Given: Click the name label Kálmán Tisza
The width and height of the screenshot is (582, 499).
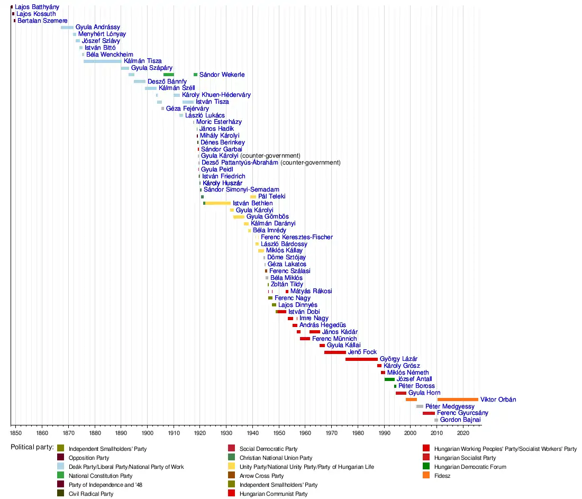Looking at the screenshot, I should (x=142, y=61).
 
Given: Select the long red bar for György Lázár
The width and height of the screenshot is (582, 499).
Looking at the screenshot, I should (x=361, y=359).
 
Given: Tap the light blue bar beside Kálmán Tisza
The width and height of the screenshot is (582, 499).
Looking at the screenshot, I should (x=102, y=61).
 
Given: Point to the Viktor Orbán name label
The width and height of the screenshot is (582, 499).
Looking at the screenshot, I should (x=498, y=400).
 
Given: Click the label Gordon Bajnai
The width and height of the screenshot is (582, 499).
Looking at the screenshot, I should (x=460, y=420).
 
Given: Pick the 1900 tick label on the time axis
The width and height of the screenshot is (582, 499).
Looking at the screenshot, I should (x=147, y=433).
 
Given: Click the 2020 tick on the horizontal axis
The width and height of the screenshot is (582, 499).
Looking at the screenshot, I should (x=463, y=433).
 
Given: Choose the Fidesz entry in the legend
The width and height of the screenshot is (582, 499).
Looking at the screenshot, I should (x=442, y=476).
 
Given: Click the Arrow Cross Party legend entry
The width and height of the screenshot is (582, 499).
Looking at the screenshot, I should (x=261, y=476).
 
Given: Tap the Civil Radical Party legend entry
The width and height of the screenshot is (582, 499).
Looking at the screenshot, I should (x=90, y=494).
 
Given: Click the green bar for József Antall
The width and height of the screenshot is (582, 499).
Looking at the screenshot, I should (x=389, y=379).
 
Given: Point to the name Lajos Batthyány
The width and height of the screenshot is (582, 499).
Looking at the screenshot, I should (x=37, y=7).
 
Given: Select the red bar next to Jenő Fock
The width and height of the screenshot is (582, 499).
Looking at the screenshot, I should (x=335, y=352).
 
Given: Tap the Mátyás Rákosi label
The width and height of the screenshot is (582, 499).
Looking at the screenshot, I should (x=311, y=292).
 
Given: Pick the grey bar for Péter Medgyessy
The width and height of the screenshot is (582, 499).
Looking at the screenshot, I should (x=420, y=406).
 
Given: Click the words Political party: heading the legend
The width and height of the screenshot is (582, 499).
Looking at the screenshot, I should (x=32, y=447).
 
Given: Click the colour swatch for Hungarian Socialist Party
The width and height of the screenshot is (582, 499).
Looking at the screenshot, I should (x=426, y=458).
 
